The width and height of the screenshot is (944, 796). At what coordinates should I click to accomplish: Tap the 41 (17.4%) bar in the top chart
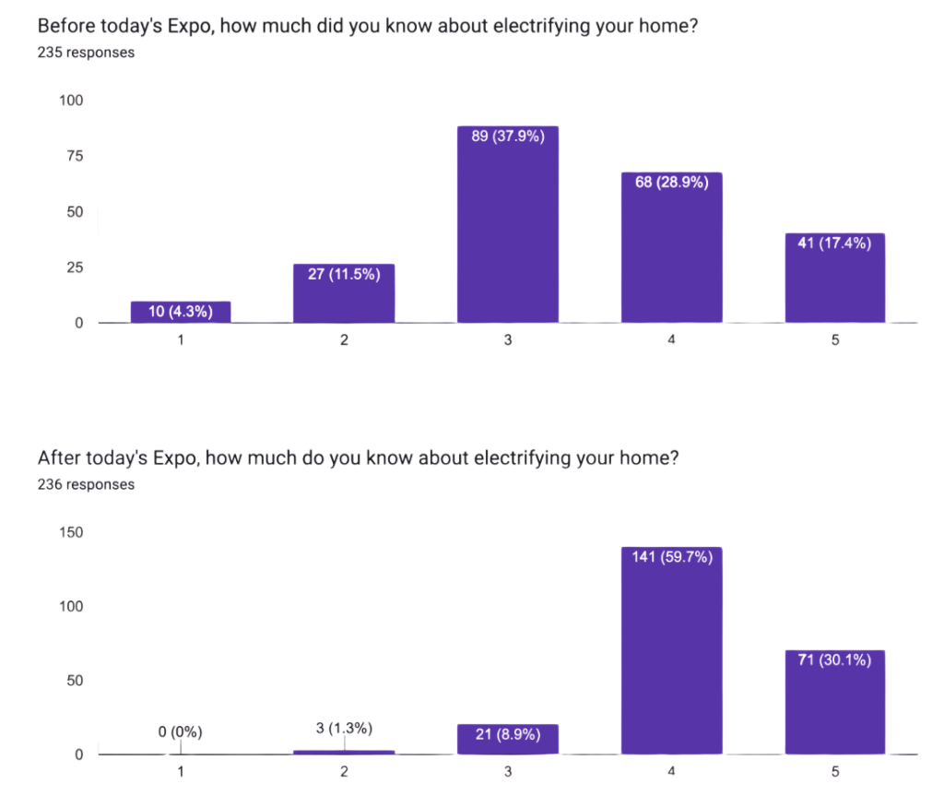click(835, 278)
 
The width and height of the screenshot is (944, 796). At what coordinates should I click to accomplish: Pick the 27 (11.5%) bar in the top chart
click(344, 293)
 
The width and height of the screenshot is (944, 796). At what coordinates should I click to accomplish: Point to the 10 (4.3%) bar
click(181, 312)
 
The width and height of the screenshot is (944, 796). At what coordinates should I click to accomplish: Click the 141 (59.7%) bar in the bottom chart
click(671, 650)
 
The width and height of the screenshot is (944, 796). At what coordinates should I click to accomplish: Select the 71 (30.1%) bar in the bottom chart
click(835, 702)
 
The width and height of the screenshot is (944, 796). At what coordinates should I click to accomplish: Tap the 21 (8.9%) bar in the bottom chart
click(507, 739)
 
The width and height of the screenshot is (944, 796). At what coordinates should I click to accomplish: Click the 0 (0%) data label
click(180, 732)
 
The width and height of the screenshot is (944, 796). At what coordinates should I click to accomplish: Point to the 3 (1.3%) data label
click(344, 729)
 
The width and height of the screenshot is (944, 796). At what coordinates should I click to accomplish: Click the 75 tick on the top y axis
click(74, 156)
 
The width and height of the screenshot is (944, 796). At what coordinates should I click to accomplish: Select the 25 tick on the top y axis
click(74, 267)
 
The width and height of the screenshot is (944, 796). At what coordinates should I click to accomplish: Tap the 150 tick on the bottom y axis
click(71, 532)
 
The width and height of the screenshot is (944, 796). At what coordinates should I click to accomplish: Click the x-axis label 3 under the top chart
click(508, 339)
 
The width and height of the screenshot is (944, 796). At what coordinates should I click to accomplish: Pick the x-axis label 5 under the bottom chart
click(835, 772)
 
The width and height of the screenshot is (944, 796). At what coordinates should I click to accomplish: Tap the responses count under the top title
click(86, 53)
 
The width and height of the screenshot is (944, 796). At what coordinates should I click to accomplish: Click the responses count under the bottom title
click(86, 484)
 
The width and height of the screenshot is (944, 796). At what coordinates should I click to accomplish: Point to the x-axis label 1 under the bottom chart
click(181, 772)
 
